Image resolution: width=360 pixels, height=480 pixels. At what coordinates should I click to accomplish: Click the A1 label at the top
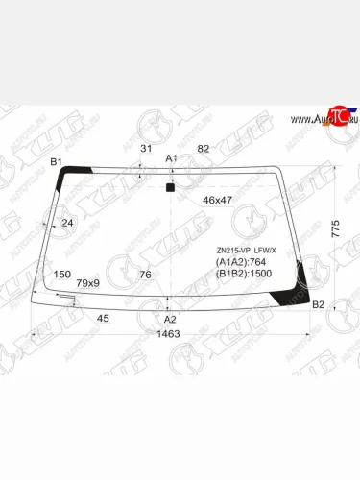[172, 158]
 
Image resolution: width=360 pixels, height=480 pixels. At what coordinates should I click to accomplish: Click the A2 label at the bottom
[170, 319]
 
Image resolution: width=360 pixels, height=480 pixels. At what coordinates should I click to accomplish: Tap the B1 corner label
[56, 162]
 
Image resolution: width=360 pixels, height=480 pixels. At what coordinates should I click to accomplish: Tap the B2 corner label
[320, 304]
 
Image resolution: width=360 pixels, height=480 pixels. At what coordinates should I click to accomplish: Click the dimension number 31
[146, 148]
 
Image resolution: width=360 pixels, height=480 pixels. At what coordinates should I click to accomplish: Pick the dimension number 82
[203, 148]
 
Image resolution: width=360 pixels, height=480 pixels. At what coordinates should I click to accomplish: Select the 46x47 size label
[217, 200]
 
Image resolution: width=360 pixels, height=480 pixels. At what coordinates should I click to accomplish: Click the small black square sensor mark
[170, 188]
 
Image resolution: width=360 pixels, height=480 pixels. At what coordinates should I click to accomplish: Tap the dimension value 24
[67, 224]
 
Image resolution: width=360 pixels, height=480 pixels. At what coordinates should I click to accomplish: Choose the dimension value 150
[62, 274]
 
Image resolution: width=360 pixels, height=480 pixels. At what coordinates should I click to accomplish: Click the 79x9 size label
[89, 282]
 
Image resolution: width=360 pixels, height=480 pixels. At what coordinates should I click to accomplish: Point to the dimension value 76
[146, 276]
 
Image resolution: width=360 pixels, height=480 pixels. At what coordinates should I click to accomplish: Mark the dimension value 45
[103, 318]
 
